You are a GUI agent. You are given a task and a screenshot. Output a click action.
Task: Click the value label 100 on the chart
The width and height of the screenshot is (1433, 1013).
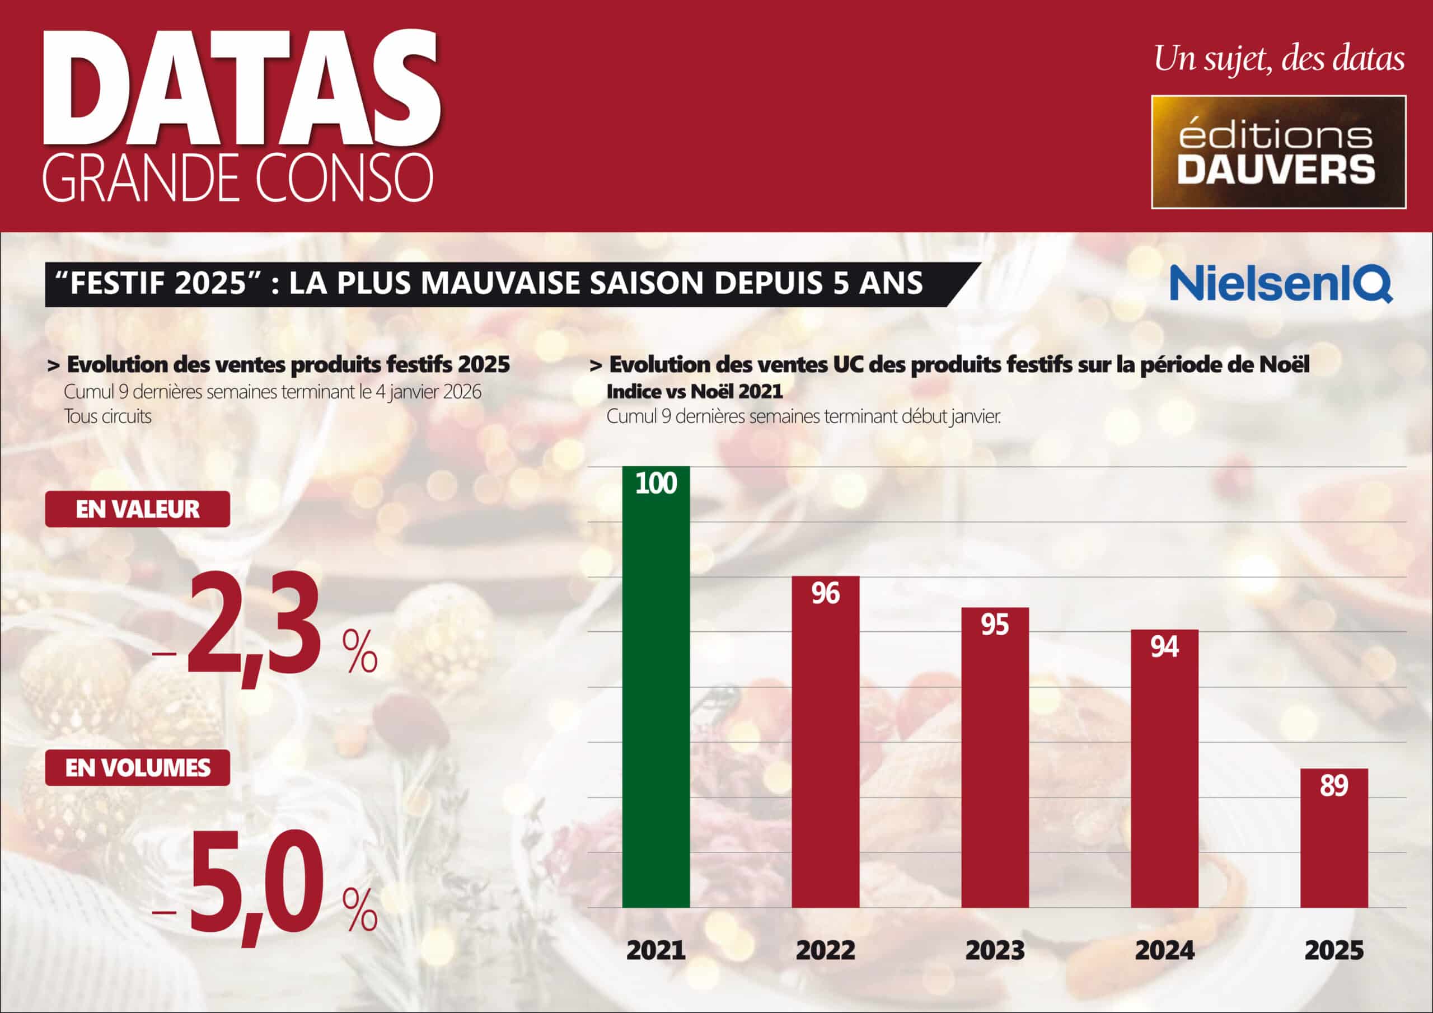656,484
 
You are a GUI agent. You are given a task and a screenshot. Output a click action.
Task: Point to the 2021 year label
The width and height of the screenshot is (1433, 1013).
656,950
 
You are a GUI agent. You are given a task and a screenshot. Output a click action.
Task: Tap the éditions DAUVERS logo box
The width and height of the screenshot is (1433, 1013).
1278,152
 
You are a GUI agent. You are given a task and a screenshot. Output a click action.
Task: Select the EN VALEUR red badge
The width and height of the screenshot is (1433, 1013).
137,509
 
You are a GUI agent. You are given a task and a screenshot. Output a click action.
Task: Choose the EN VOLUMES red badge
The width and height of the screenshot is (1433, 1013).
137,768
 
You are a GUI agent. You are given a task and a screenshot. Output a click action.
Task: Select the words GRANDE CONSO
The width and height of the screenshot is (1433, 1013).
237,178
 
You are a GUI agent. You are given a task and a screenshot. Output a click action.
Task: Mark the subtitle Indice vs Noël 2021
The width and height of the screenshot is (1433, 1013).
694,392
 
